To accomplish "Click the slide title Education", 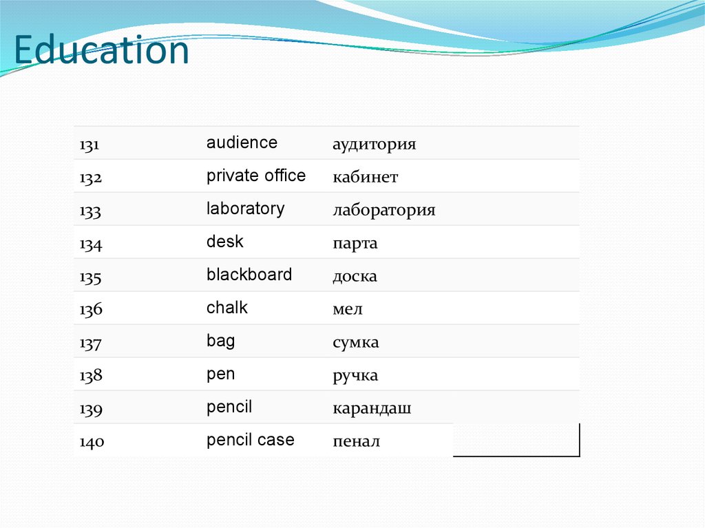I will coord(101,52).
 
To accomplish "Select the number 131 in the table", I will coord(90,145).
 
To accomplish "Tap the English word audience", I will coord(242,142).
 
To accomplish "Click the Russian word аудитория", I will coord(375,145).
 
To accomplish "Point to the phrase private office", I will coord(256,176).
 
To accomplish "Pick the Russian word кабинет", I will coord(366,178).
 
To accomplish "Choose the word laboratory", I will coord(245,209).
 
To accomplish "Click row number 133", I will coord(90,211).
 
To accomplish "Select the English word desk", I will coord(225,242).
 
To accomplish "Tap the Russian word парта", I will coord(355,244).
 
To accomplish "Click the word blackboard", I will coord(249,275).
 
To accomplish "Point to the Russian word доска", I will coord(355,277).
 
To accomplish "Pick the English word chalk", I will coord(227,308).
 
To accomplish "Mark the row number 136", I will coord(90,310).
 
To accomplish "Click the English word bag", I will coord(220,341).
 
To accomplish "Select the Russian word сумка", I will coord(356,343).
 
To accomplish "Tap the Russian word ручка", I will coord(355,376).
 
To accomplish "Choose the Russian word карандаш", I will coord(372,409).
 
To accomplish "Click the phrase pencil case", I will coord(251,440).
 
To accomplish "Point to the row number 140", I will coord(90,443).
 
